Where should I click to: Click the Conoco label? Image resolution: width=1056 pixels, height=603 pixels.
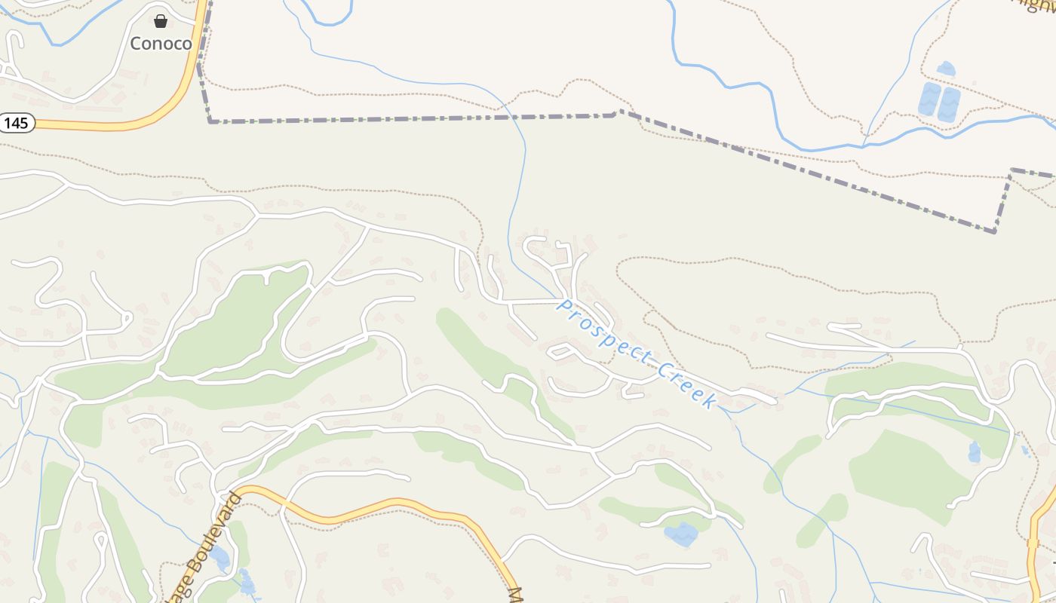(161, 43)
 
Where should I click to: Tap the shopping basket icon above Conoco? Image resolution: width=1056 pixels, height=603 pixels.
(161, 21)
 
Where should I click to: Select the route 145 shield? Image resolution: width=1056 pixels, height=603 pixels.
(17, 122)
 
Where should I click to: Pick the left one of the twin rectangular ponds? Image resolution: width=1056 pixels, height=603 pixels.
(929, 99)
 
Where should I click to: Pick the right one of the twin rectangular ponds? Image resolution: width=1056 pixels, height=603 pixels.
(948, 104)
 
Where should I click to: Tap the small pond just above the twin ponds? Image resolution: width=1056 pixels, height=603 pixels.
(945, 69)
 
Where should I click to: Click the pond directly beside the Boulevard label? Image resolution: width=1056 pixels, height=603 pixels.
(220, 559)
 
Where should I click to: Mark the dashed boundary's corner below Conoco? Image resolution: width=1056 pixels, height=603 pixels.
(210, 121)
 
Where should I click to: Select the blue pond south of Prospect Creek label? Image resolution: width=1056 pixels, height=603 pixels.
(681, 534)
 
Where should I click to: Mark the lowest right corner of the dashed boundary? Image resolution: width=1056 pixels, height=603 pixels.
(995, 231)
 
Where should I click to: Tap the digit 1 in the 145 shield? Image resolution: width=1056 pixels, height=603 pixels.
(8, 122)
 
